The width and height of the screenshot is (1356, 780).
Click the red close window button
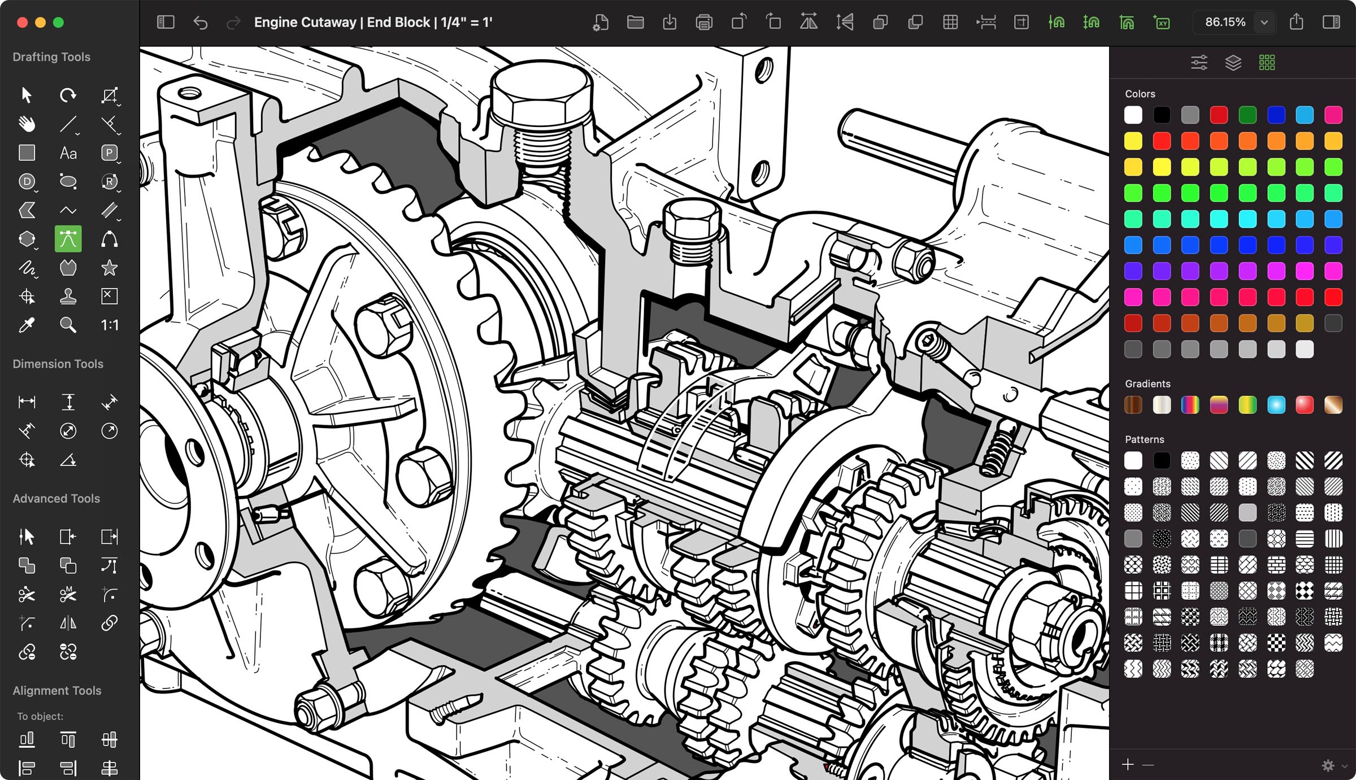[x=23, y=23]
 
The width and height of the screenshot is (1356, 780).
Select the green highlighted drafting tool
[x=68, y=239]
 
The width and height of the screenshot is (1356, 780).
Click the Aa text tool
[x=68, y=153]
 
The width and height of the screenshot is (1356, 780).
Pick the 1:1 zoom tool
[x=109, y=325]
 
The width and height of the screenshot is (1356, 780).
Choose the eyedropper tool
[x=27, y=325]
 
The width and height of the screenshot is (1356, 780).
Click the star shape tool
[x=109, y=268]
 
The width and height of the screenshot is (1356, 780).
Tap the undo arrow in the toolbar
[x=201, y=23]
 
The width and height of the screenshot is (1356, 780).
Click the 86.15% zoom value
[x=1225, y=23]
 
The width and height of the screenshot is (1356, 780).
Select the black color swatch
[x=1162, y=115]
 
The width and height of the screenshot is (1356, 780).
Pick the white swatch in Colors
[x=1133, y=115]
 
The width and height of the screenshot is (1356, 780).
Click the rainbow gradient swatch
[x=1190, y=404]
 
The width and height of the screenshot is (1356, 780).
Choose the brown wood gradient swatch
[x=1133, y=404]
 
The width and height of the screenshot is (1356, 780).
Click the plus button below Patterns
[x=1128, y=765]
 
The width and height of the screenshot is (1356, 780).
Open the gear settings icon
[x=1328, y=765]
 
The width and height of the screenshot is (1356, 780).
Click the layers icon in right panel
[x=1233, y=63]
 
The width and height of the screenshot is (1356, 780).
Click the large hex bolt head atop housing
[x=541, y=99]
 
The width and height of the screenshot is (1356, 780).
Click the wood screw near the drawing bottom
[x=455, y=708]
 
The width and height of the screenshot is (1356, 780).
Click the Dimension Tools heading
[x=58, y=364]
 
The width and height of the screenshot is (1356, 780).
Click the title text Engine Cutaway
[x=305, y=23]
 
